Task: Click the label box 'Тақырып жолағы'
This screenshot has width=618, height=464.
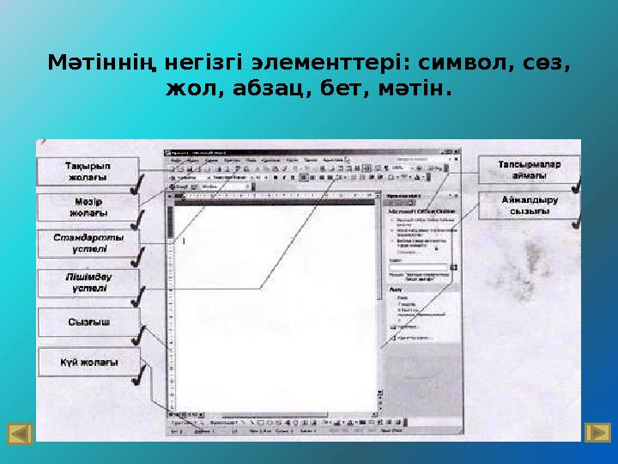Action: (x=88, y=170)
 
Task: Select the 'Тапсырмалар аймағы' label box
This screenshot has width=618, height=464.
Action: (x=529, y=168)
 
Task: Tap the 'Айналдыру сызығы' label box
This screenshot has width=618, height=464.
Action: (x=529, y=206)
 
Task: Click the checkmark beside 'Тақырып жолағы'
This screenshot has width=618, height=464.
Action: (x=135, y=186)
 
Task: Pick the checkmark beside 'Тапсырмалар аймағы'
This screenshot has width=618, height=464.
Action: (x=577, y=183)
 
